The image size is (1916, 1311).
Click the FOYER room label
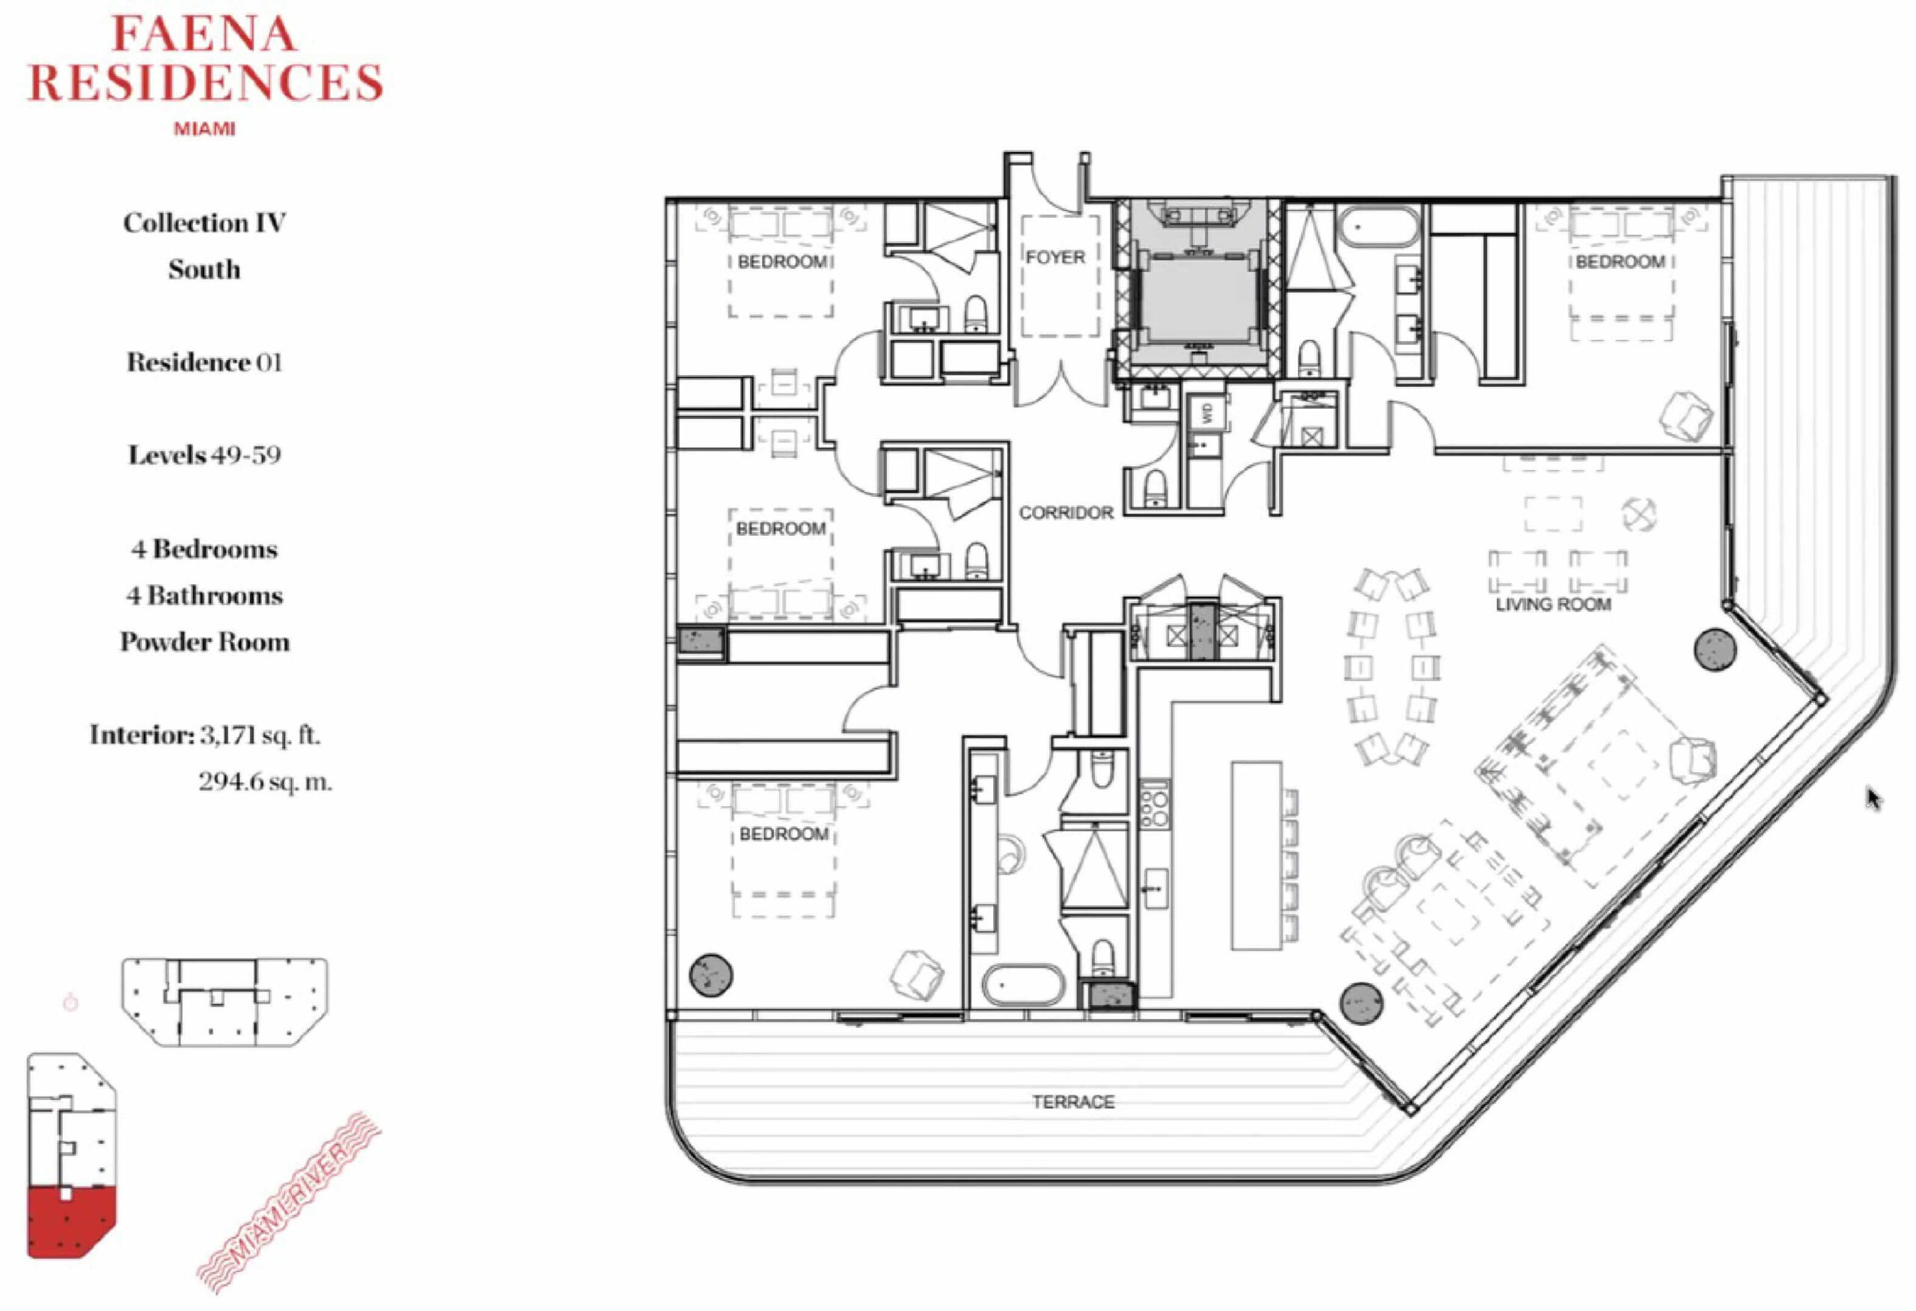pos(1055,257)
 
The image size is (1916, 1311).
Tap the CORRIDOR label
pos(1066,513)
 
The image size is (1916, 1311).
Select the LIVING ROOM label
pos(1553,605)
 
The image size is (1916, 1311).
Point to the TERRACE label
pos(1073,1101)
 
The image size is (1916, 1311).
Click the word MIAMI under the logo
pos(204,129)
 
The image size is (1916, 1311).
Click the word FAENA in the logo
pos(204,35)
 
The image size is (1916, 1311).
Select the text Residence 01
pos(204,362)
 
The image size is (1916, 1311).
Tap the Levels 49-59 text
pos(204,455)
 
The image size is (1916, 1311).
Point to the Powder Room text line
pos(204,641)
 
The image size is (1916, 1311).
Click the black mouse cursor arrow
pos(1874,799)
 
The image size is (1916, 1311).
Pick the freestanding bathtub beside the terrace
pos(1023,985)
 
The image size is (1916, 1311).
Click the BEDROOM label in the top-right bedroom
pos(1620,262)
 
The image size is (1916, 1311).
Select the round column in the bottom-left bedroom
pos(711,976)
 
